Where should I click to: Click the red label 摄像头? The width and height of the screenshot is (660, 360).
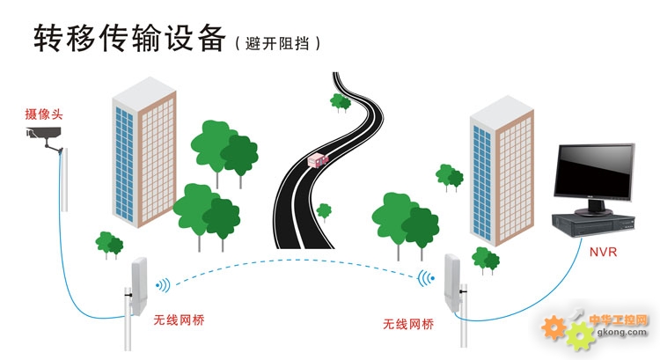44,114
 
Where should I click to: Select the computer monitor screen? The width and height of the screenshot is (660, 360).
593,175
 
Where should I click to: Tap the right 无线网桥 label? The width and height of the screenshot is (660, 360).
408,324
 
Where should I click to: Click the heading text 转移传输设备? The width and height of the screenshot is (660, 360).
129,38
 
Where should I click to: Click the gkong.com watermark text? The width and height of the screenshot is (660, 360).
622,332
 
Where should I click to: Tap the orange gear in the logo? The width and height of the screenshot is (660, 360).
554,327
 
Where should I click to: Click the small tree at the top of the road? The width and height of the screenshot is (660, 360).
341,101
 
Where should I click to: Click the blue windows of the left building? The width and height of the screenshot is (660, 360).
126,164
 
